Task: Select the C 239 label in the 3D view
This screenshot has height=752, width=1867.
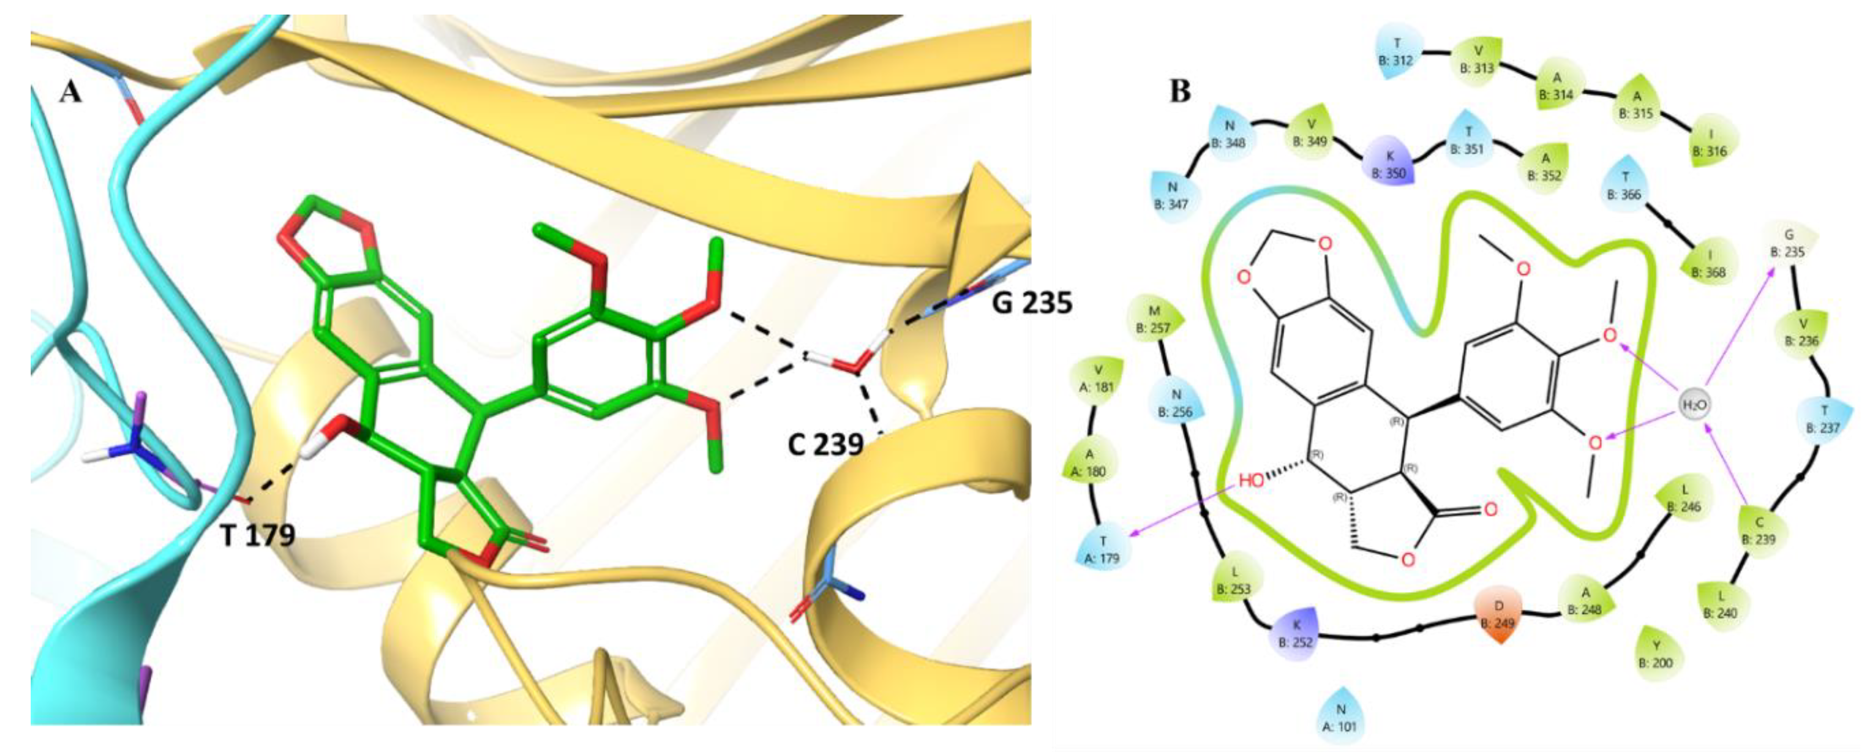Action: tap(825, 443)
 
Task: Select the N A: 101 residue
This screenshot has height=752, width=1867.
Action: tap(1341, 717)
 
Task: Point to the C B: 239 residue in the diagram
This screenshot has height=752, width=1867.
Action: tap(1760, 531)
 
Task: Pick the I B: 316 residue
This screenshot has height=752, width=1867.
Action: tap(1713, 143)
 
